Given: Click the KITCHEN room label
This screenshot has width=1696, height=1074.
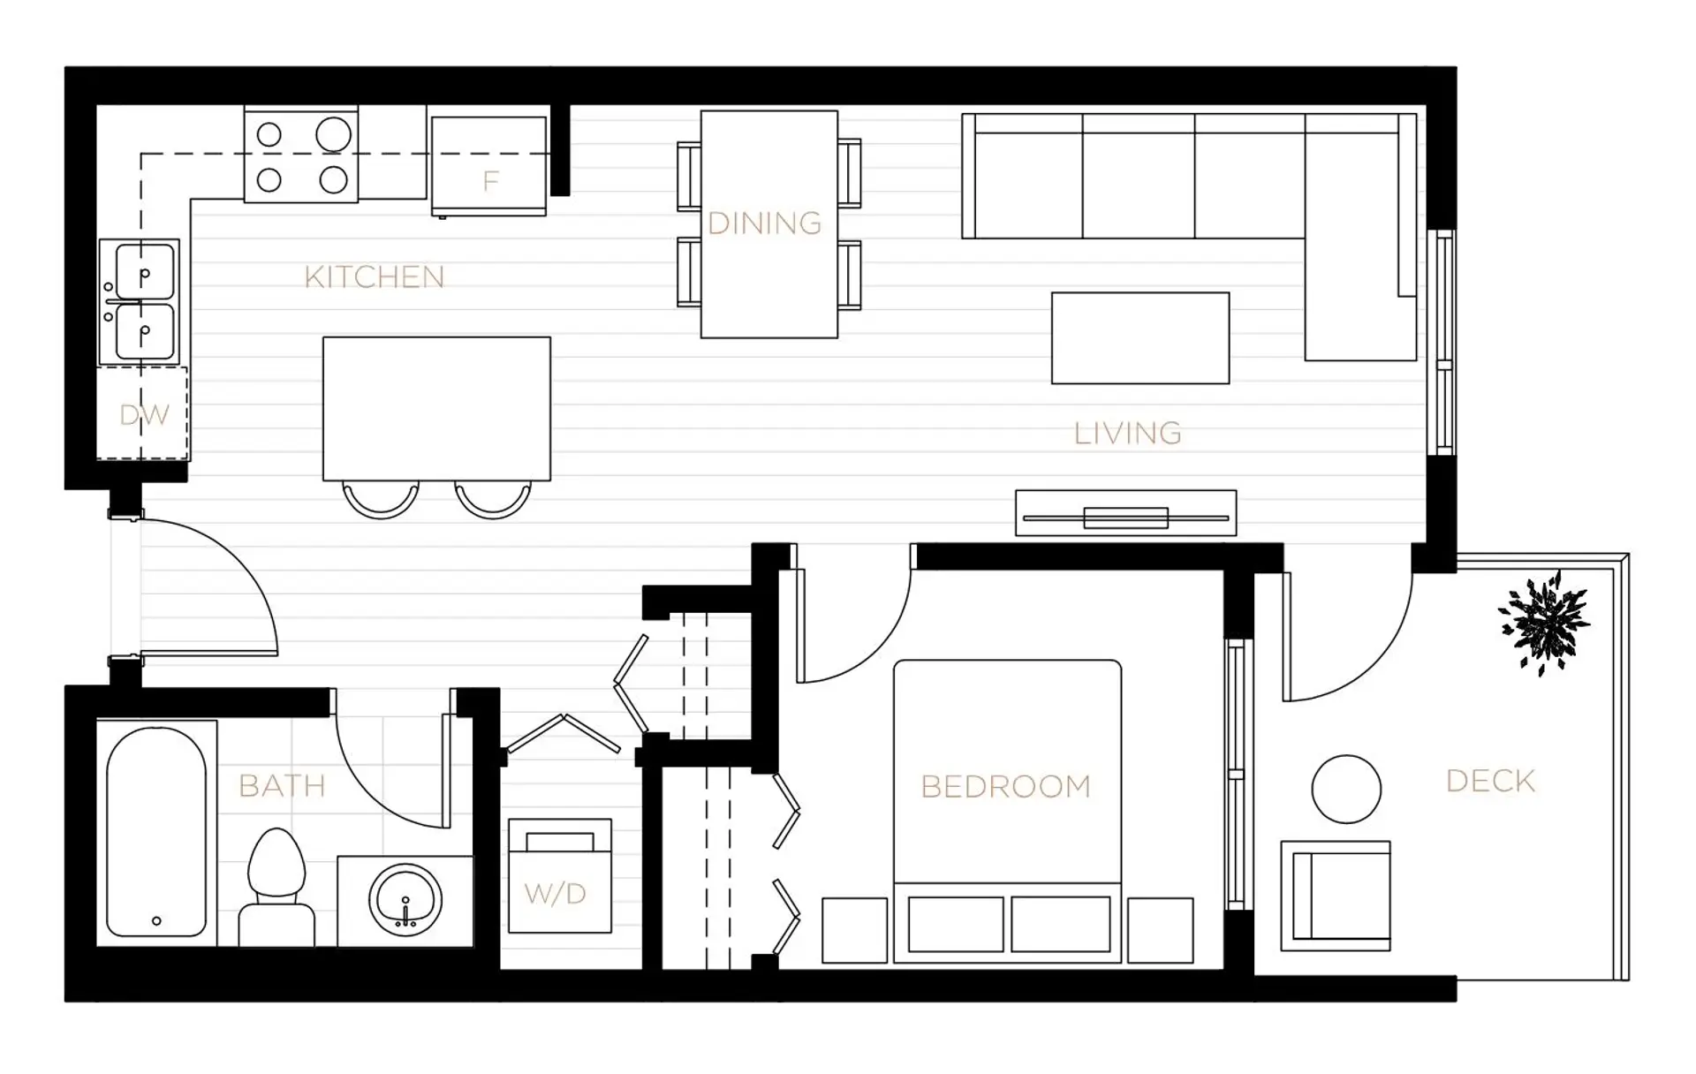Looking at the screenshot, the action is (x=375, y=277).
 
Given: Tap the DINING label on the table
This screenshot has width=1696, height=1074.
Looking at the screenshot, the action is (x=765, y=223).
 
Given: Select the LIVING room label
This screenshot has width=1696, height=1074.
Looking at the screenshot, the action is (x=1127, y=433).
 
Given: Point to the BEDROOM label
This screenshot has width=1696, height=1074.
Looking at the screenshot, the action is (x=1005, y=786).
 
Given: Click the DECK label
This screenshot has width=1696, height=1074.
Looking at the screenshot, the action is (x=1491, y=781).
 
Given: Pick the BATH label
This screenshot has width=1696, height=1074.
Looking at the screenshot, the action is (x=283, y=785).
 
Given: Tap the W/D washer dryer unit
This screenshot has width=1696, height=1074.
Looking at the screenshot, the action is (x=560, y=875).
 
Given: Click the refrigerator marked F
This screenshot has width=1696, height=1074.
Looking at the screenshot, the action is (x=488, y=166).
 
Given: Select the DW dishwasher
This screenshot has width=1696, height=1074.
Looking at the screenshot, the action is (x=142, y=413).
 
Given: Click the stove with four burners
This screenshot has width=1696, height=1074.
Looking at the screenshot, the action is (x=301, y=155).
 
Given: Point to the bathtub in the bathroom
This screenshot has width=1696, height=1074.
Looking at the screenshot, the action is (x=156, y=832).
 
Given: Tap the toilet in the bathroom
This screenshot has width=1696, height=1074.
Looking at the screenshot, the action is (x=277, y=887).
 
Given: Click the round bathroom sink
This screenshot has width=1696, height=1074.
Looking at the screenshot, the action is (x=405, y=900).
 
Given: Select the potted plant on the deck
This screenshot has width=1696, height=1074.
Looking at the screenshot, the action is (x=1544, y=623).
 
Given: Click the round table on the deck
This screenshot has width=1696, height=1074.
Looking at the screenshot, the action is (x=1346, y=790).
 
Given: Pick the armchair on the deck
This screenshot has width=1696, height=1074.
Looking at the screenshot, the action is (x=1336, y=896).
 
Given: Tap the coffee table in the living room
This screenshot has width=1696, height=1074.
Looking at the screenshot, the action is (x=1140, y=338).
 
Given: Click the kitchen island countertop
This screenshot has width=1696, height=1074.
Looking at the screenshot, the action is (x=436, y=409).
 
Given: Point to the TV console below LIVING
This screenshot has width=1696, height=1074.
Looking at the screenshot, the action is (x=1126, y=513).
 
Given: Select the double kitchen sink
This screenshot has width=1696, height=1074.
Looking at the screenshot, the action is (x=140, y=302).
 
